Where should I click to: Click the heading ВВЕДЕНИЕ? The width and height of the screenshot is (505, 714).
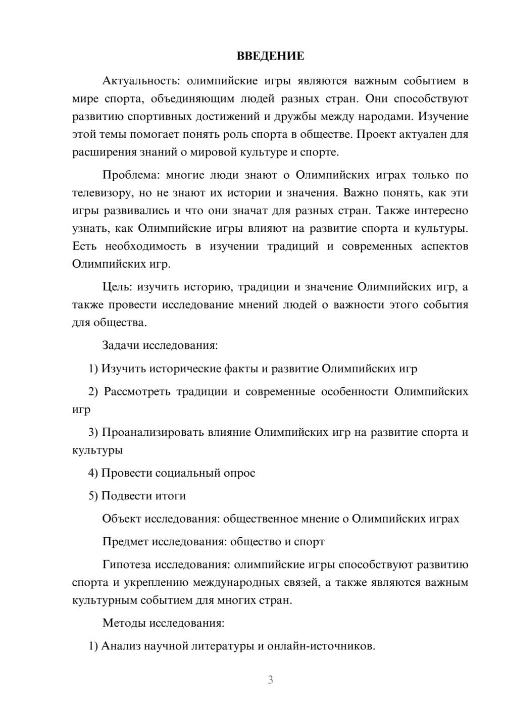pos(270,56)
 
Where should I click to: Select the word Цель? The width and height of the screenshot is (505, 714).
pos(117,287)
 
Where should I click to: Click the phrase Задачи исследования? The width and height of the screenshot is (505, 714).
pos(160,346)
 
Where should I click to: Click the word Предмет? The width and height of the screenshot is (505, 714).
pos(126,542)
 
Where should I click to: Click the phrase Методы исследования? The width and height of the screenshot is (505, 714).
pos(163,623)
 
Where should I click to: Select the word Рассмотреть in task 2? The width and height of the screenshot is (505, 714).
pos(137,392)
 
